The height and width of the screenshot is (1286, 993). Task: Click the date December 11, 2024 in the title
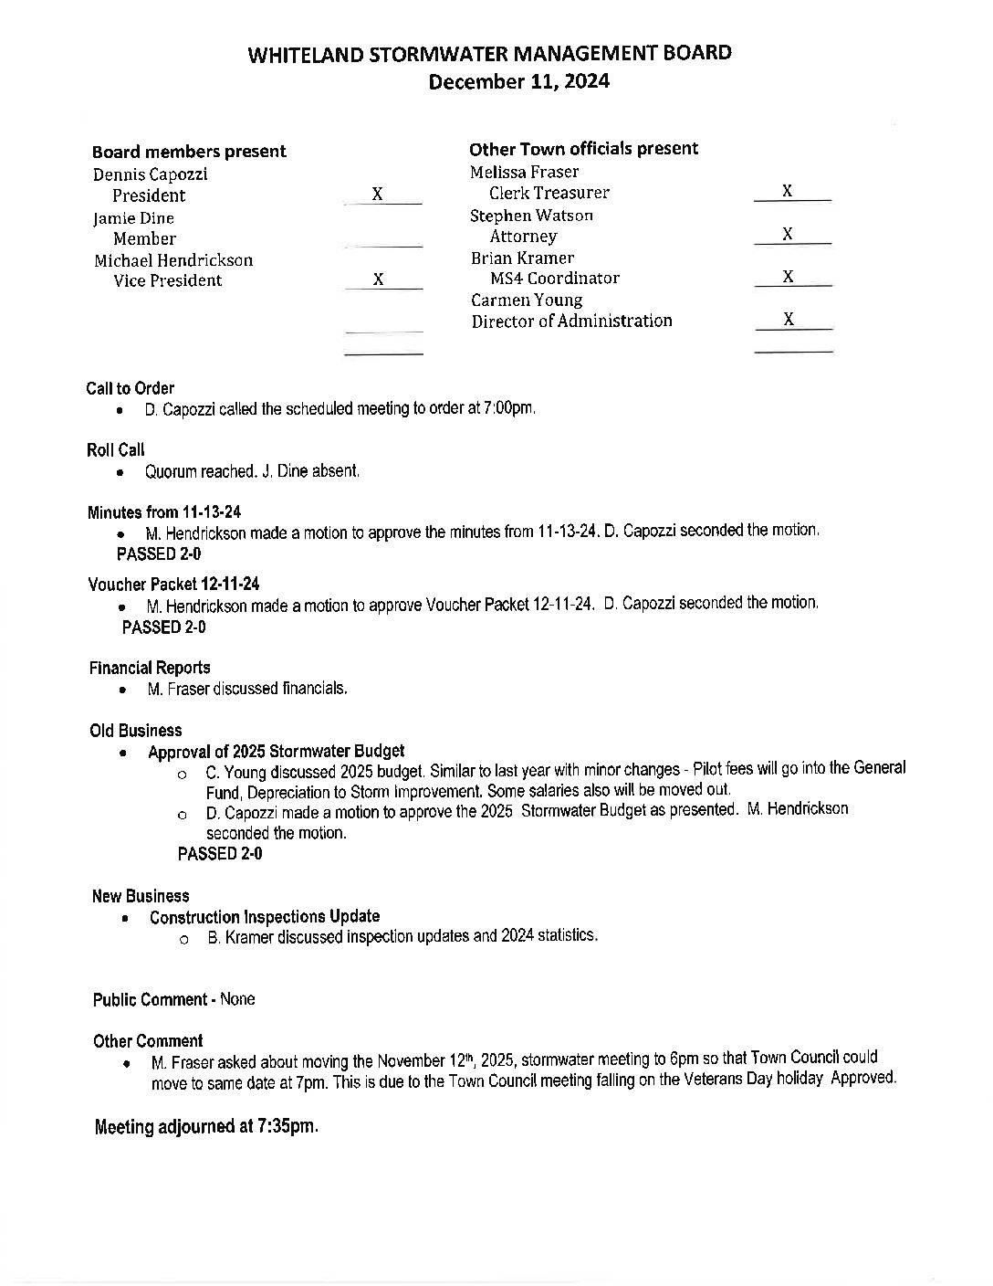coord(518,81)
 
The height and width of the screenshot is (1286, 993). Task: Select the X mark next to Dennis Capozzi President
coord(378,195)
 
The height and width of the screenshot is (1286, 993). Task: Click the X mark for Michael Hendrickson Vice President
coord(379,279)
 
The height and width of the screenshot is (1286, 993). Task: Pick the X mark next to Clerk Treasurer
coord(788,191)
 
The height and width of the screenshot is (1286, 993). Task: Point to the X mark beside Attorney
coord(788,234)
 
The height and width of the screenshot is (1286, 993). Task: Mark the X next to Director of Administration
coord(789,319)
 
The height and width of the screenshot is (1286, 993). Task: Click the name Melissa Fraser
coord(524,172)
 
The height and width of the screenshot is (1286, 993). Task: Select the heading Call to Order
coord(131,388)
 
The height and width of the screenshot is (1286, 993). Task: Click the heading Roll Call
coord(116,449)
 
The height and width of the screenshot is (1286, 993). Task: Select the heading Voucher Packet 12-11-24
coord(174,584)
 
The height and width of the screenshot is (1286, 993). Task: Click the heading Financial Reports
coord(150,668)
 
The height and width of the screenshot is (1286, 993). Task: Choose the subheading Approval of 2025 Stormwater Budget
coord(276,752)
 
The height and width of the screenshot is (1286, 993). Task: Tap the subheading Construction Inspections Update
coord(265,916)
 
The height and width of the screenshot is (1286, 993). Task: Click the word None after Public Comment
coord(237,999)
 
